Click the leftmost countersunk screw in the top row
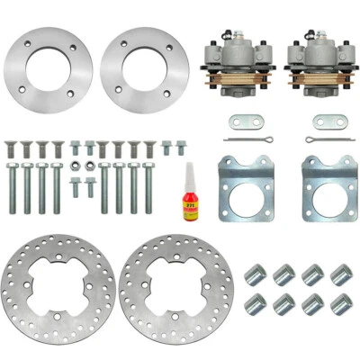pyautogui.click(x=13, y=147)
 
